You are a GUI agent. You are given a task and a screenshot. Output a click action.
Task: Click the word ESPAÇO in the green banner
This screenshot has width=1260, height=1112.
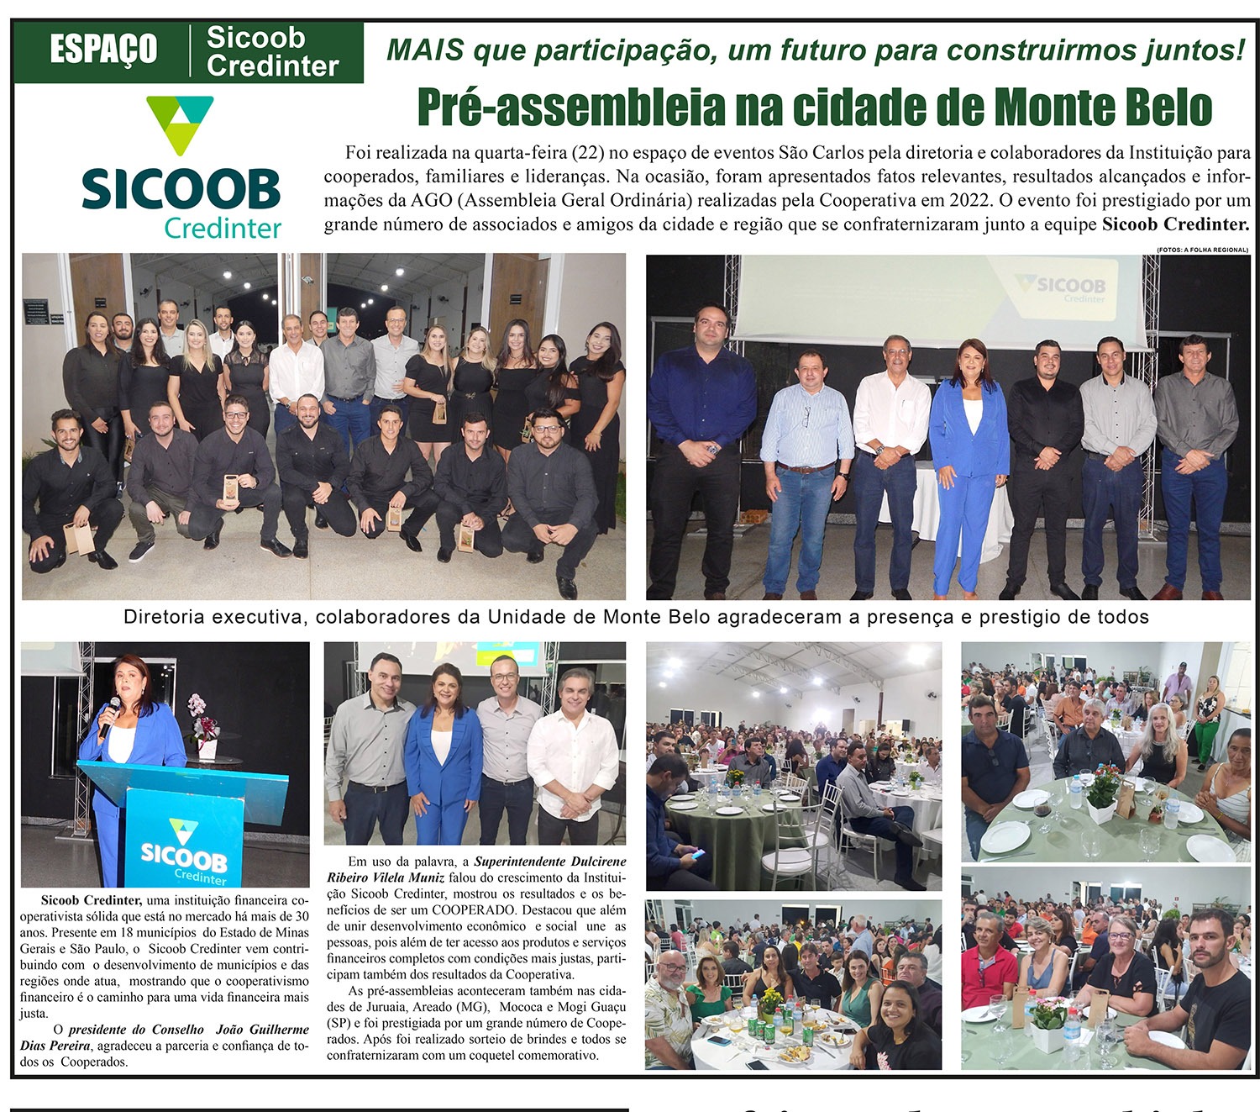pos(103,50)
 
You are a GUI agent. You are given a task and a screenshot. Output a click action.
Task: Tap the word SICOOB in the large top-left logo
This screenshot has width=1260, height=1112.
pos(181,189)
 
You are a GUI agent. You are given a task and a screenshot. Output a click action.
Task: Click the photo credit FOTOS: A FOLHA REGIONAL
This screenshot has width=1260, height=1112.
pos(1201,250)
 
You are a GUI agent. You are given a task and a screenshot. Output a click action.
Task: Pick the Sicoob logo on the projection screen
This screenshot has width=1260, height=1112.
pos(1062,288)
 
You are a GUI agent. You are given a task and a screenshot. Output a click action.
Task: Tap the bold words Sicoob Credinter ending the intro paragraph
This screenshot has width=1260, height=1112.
pos(1175,224)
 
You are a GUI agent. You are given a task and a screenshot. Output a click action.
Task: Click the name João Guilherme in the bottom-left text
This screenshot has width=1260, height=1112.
pos(262,1030)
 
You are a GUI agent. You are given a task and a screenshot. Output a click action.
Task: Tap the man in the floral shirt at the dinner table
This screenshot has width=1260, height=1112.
pos(669,1009)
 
